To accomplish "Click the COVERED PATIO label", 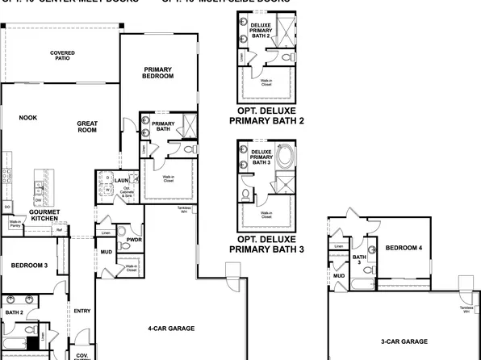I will pyautogui.click(x=62, y=57).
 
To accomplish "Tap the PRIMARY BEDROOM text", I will pyautogui.click(x=158, y=73).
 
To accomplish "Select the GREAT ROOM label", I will pyautogui.click(x=87, y=127).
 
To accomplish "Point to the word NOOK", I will pyautogui.click(x=28, y=118).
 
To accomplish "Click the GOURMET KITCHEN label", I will pyautogui.click(x=44, y=216).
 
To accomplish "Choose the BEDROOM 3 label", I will pyautogui.click(x=28, y=266).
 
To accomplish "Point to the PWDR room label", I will pyautogui.click(x=135, y=240).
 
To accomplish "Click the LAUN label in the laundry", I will pyautogui.click(x=122, y=180).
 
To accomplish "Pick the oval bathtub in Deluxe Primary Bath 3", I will pyautogui.click(x=287, y=155).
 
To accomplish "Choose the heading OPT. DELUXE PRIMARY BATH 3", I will pyautogui.click(x=267, y=244).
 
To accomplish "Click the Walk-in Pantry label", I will pyautogui.click(x=15, y=224).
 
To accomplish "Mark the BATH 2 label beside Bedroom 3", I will pyautogui.click(x=14, y=312).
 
